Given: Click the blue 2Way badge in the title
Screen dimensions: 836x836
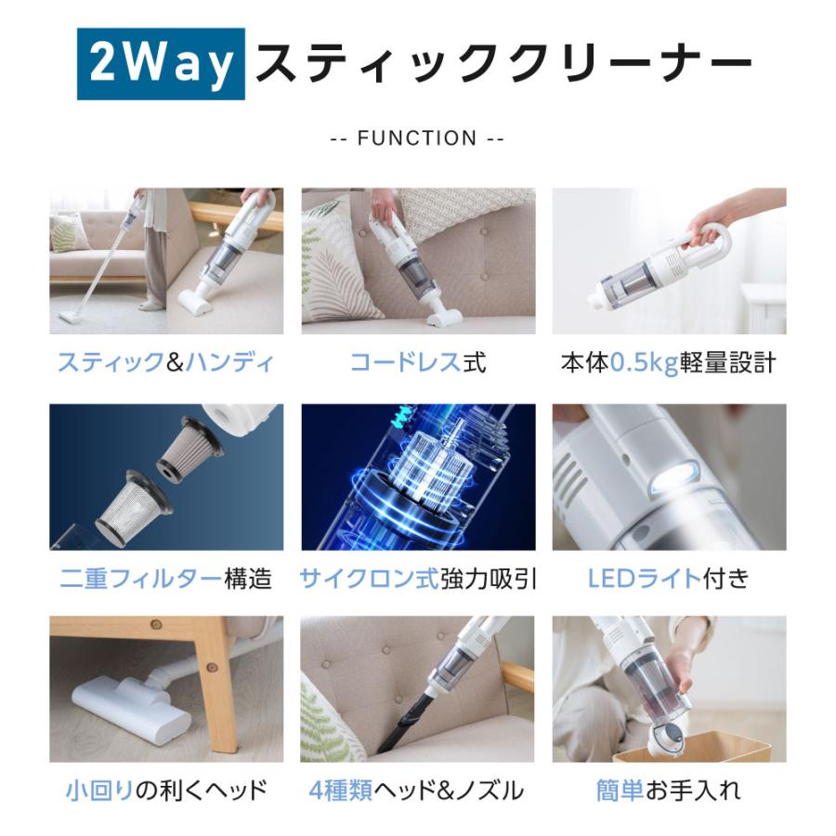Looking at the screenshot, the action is pos(161,64).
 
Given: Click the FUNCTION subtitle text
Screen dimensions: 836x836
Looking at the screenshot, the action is pos(417,138).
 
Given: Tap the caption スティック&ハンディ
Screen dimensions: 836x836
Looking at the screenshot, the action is pos(166,362).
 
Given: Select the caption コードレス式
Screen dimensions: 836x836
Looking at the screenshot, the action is pos(418,362).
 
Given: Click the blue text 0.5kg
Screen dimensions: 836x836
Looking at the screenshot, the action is pos(644,363).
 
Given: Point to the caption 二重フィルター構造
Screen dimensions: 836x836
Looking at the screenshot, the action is pos(166,579).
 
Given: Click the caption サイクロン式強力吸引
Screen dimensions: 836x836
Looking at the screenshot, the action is pos(418,579).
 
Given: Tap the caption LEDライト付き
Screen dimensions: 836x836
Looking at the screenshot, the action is pos(669,579).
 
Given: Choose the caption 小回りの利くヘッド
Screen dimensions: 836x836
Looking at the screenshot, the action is pos(166,790).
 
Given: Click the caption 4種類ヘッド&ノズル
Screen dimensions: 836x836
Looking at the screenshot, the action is pos(416,790).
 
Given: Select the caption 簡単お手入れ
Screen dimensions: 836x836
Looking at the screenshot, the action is pos(668,790).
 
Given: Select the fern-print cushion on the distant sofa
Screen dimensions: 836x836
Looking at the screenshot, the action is pos(67,232).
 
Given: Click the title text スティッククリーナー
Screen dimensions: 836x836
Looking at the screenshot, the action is pos(503,64).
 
